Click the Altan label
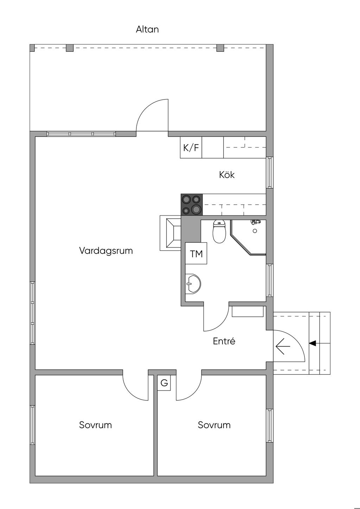point(147,29)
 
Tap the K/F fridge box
point(191,147)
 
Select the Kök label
point(227,175)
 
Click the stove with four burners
point(192,205)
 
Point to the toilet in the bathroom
point(219,231)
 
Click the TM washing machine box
point(196,253)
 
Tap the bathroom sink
point(193,284)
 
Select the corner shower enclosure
point(248,238)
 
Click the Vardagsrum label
point(106,251)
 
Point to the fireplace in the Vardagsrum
point(171,233)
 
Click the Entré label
point(224,341)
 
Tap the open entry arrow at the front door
point(283,346)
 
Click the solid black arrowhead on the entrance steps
point(313,343)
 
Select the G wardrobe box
point(164,383)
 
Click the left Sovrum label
point(96,425)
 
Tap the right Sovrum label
point(214,425)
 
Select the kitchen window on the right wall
point(270,173)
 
